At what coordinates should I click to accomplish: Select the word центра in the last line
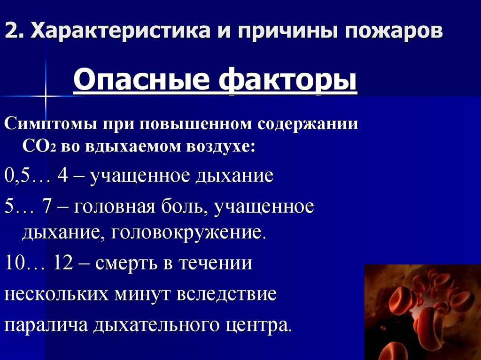point(261,326)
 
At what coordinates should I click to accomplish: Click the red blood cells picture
point(422,312)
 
